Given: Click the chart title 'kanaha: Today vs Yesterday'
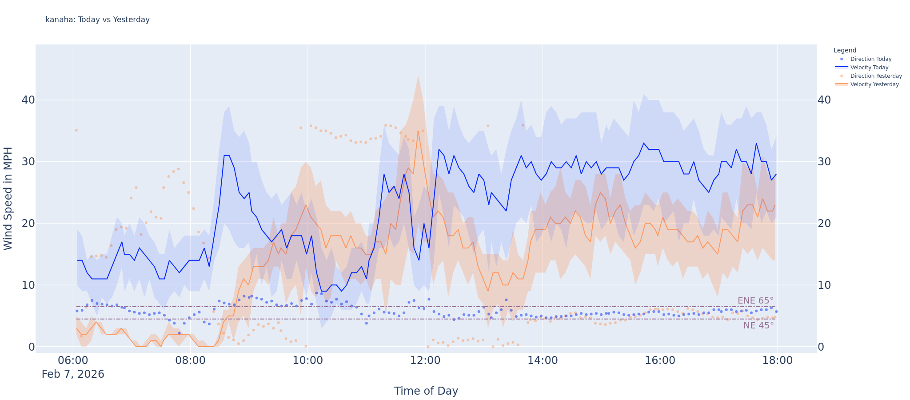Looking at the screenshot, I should pyautogui.click(x=98, y=20).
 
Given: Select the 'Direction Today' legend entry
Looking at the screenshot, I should pyautogui.click(x=870, y=59).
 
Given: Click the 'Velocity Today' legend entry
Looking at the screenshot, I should pyautogui.click(x=869, y=68).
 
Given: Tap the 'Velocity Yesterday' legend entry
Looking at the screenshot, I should pyautogui.click(x=874, y=84).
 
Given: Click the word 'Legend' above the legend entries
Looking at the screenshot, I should pyautogui.click(x=845, y=51).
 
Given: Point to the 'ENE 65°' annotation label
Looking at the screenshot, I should pyautogui.click(x=755, y=301).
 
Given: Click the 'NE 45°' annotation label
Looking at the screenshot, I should pyautogui.click(x=758, y=325).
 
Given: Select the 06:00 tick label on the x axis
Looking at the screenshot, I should pyautogui.click(x=73, y=360).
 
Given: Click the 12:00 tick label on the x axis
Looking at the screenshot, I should pyautogui.click(x=425, y=360).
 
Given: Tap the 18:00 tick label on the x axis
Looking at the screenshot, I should pyautogui.click(x=778, y=360).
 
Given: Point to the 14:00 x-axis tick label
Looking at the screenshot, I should pyautogui.click(x=543, y=360).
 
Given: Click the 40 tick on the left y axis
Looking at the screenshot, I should pyautogui.click(x=28, y=100).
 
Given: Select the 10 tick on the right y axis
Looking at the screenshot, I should pyautogui.click(x=824, y=285).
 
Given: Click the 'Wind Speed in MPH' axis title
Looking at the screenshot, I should pyautogui.click(x=8, y=198).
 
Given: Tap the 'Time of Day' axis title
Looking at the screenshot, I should pyautogui.click(x=426, y=391).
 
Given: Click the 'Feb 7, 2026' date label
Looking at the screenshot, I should pyautogui.click(x=73, y=374).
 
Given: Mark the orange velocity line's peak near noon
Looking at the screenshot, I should pyautogui.click(x=418, y=131).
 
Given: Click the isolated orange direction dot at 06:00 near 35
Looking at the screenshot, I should pyautogui.click(x=76, y=130).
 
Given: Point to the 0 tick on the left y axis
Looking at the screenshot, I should pyautogui.click(x=32, y=347).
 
